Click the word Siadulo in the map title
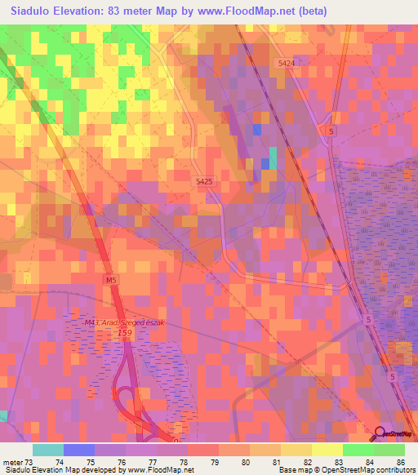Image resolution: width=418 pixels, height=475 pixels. (x=36, y=11)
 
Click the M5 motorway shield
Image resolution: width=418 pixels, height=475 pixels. (x=112, y=280)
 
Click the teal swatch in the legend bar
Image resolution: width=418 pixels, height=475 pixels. (x=47, y=450)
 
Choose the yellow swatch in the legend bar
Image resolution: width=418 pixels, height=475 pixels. (x=327, y=450)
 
